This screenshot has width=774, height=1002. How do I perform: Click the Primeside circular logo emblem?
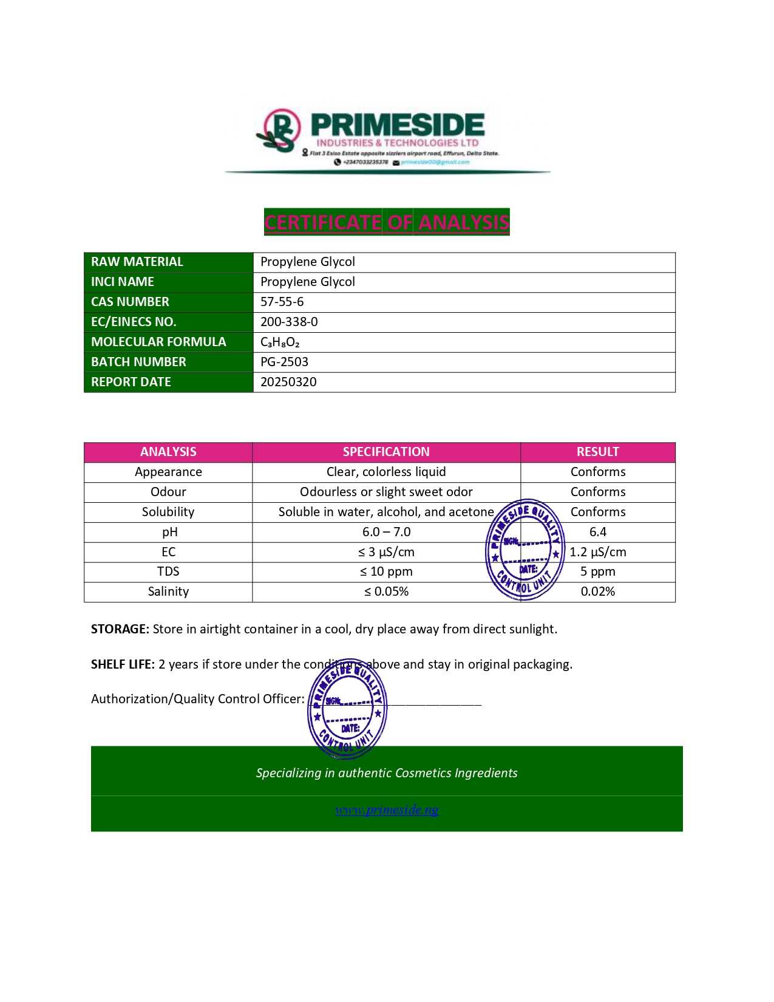coord(280,129)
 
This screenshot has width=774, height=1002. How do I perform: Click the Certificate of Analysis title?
coord(387,222)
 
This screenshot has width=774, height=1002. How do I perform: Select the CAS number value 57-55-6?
coord(282,302)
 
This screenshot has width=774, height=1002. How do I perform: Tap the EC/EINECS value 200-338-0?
coord(289,322)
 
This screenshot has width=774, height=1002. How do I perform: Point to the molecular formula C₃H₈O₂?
coord(280,343)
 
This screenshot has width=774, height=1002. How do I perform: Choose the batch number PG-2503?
coord(284,362)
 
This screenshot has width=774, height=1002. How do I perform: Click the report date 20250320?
coord(288,382)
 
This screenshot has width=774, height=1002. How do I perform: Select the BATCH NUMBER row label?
coord(138,362)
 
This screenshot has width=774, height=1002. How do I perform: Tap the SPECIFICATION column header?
coord(386,452)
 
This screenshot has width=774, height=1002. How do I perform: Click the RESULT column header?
coord(597,452)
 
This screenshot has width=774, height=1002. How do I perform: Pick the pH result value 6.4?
coord(597,532)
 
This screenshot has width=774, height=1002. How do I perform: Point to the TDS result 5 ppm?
coord(597,571)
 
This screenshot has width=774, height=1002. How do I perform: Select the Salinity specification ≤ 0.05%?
coord(386,591)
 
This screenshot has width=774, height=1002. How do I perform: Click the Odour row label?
coord(168,492)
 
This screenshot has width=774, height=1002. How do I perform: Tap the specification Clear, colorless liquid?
coord(386,472)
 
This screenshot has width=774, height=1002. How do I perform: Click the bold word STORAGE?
coord(120,629)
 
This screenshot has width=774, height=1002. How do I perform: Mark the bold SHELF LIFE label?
coord(123,664)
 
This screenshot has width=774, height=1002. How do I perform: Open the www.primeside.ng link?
coord(387,809)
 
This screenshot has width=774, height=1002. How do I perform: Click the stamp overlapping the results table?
coord(524,550)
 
